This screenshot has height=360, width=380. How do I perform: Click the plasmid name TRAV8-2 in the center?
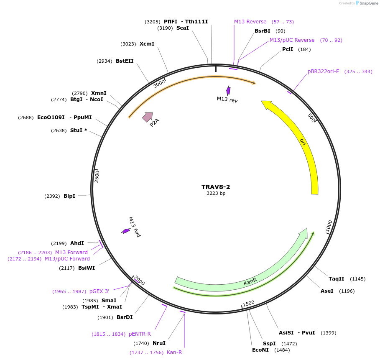(x=216, y=187)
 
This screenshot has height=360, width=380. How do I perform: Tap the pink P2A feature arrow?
(x=148, y=117)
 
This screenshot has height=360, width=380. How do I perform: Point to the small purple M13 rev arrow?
(x=228, y=90)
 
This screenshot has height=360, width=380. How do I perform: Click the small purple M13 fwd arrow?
(x=125, y=231)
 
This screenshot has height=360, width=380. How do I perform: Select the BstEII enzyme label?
(x=125, y=61)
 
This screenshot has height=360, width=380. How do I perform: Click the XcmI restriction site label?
(x=147, y=44)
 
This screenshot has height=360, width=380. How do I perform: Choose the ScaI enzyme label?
(x=182, y=28)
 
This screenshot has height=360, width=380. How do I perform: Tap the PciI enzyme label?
(x=288, y=49)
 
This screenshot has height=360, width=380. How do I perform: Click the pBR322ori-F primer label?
(x=323, y=71)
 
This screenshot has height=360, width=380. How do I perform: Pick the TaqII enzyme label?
(x=336, y=279)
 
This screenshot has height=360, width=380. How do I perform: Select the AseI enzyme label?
(x=327, y=291)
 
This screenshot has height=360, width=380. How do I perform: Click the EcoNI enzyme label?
(x=260, y=350)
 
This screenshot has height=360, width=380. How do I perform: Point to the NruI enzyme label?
(x=159, y=343)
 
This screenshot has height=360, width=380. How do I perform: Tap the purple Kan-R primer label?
(x=174, y=352)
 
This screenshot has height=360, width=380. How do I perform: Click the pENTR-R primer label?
(x=140, y=334)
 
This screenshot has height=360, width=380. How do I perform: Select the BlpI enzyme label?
(x=69, y=196)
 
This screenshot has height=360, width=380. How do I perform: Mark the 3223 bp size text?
(x=216, y=193)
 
